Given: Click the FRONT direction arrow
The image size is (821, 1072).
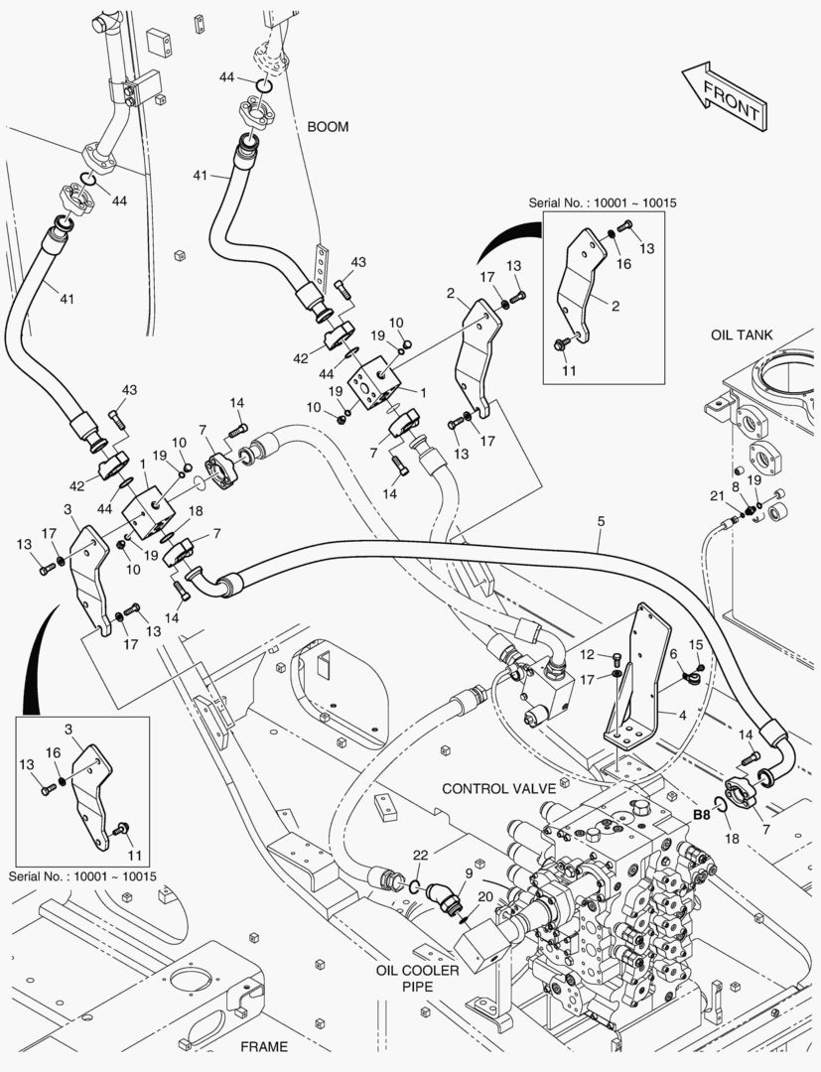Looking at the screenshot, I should (x=724, y=97).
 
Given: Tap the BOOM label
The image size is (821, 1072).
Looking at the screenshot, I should (x=328, y=127).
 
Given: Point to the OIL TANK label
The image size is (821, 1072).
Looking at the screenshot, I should (x=741, y=335).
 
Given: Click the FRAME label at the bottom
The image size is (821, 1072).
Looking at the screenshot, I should (x=263, y=1046).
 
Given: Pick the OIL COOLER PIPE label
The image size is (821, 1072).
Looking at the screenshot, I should (x=418, y=978).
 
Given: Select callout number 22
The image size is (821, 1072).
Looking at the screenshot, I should (x=420, y=856).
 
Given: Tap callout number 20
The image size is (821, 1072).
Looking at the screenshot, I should (x=484, y=896).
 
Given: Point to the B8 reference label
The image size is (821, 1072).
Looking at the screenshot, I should (x=702, y=814).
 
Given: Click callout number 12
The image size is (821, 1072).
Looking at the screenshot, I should (x=587, y=655).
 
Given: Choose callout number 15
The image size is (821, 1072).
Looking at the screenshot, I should (x=697, y=645).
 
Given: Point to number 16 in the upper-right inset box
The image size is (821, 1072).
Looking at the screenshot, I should (x=624, y=264).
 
